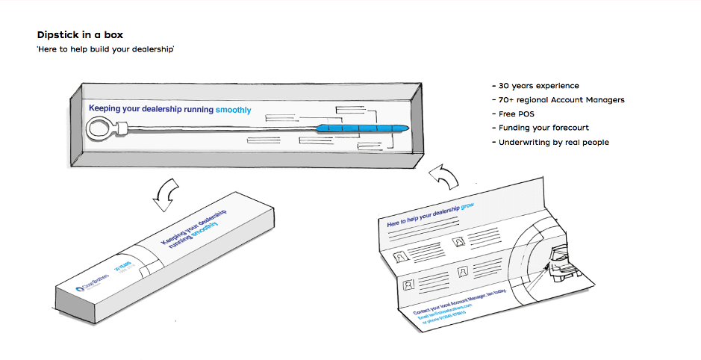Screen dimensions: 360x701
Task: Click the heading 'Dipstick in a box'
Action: [80, 34]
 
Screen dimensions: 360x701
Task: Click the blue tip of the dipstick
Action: [363, 128]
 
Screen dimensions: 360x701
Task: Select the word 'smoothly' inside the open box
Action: [233, 110]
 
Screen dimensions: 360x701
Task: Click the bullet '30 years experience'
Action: [535, 86]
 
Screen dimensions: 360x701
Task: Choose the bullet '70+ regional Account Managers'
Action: [558, 100]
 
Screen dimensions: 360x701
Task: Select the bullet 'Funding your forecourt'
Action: [540, 128]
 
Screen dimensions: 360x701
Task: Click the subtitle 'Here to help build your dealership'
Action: [105, 49]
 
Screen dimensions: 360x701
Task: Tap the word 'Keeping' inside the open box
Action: [105, 109]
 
